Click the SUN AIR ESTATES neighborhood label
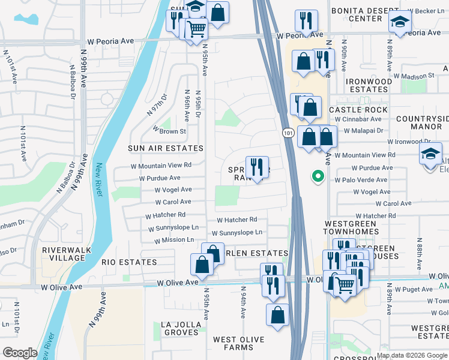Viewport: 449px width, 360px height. click(166, 148)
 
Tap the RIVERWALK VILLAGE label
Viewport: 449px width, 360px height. click(63, 253)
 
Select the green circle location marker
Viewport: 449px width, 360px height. click(318, 176)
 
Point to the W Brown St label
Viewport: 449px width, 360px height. click(169, 130)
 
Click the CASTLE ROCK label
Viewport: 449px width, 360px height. click(358, 110)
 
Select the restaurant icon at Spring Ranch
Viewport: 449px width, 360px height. click(257, 167)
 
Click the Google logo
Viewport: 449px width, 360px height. click(20, 353)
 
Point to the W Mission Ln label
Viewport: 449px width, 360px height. click(174, 240)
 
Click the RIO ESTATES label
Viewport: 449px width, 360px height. click(129, 262)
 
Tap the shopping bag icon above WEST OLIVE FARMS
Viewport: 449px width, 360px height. click(277, 314)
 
